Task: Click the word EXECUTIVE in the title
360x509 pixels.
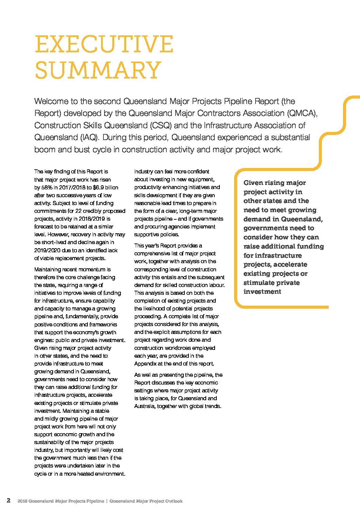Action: (104, 44)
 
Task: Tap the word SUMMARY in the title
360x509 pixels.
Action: (98, 70)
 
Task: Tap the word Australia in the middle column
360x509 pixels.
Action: (144, 406)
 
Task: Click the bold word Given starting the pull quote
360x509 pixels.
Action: (253, 183)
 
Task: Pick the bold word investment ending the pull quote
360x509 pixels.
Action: (262, 292)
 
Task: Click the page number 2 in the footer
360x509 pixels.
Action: (9, 500)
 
